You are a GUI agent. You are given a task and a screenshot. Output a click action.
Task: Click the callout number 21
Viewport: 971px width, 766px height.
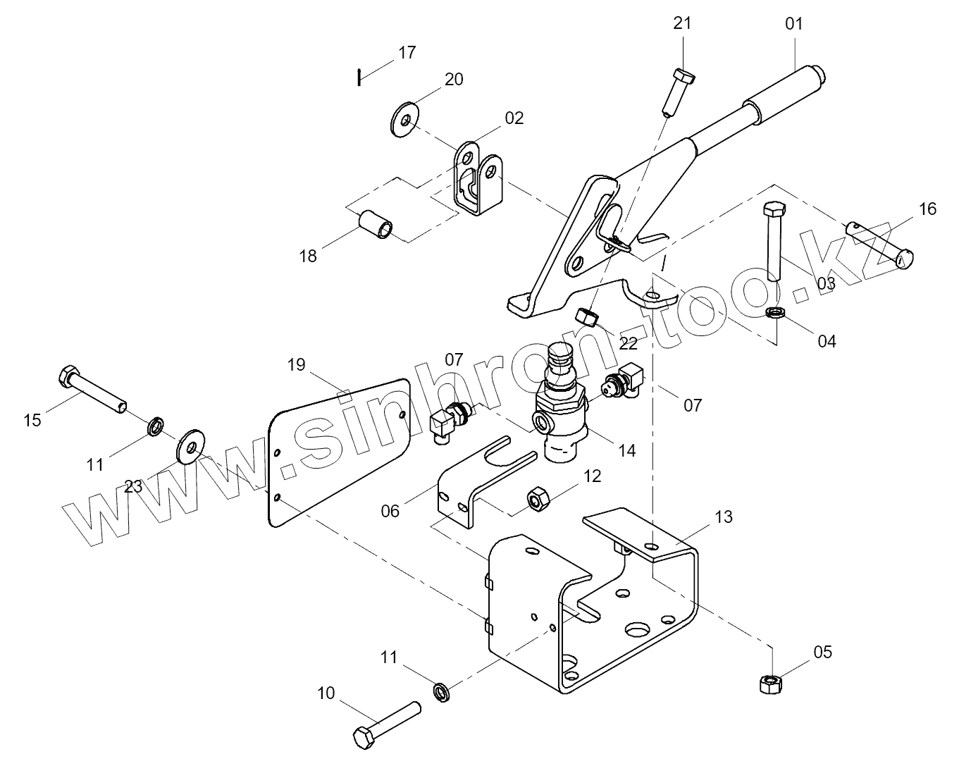pos(682,23)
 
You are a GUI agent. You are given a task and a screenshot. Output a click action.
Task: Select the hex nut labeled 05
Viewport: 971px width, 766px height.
pos(768,684)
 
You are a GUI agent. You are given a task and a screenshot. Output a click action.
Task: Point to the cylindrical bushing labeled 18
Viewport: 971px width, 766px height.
pos(376,224)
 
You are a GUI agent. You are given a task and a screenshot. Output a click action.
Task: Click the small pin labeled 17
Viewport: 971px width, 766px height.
pos(359,77)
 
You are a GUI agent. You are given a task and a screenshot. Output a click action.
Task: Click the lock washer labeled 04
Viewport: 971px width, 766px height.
pos(776,312)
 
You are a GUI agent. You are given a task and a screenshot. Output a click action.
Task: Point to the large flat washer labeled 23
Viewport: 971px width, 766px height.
pos(190,445)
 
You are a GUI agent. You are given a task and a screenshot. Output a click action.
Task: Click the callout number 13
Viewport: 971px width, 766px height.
pos(723,517)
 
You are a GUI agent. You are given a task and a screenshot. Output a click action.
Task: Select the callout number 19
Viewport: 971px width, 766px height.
pos(296,364)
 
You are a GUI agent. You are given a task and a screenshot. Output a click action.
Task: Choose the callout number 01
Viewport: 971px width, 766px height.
pos(793,23)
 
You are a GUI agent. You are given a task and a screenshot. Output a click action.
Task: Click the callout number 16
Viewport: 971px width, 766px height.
pos(927,209)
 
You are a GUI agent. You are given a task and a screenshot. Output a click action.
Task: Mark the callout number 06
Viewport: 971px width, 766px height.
pos(390,510)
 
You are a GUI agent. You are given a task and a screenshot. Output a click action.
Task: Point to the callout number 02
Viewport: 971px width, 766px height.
pos(514,118)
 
